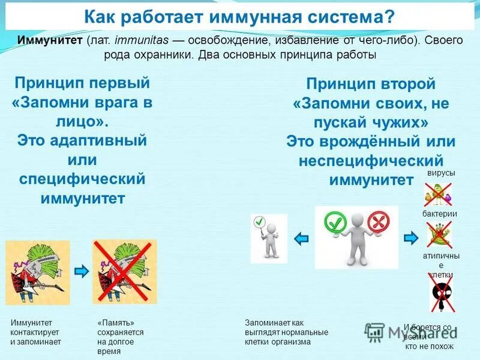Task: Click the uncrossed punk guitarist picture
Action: (x=38, y=272)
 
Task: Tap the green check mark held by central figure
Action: (x=335, y=223)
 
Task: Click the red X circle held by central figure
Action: (x=379, y=223)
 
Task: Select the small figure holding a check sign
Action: (x=268, y=238)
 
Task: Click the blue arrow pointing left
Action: (x=301, y=238)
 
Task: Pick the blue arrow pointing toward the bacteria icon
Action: (x=411, y=238)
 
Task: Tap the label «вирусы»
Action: (x=441, y=173)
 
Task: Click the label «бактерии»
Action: (x=440, y=214)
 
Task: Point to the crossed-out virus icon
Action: (x=439, y=193)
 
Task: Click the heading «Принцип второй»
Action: (x=371, y=84)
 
